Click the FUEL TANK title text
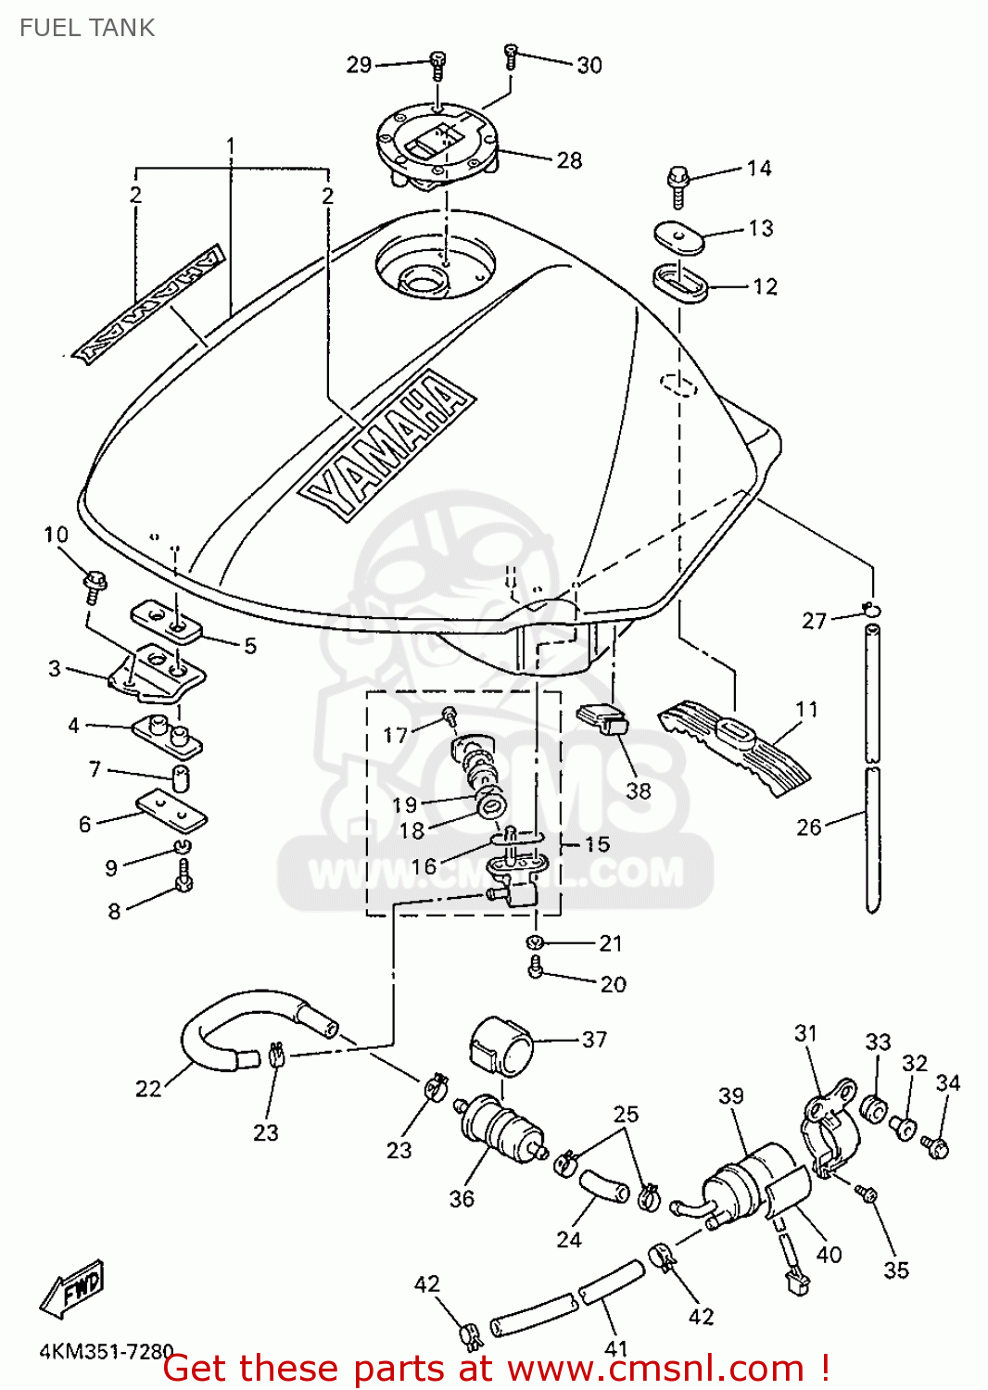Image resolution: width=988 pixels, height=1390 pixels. click(x=87, y=28)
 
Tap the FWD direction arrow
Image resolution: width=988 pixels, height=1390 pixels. click(x=71, y=1289)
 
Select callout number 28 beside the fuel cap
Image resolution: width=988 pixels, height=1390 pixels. click(x=569, y=160)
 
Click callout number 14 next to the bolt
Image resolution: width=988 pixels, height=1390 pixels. click(x=759, y=168)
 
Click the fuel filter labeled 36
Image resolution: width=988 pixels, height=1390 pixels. click(x=500, y=1127)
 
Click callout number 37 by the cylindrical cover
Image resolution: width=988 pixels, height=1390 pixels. click(x=594, y=1040)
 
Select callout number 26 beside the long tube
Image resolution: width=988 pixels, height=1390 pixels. click(x=809, y=827)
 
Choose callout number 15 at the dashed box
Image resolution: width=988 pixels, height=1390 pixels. click(x=597, y=844)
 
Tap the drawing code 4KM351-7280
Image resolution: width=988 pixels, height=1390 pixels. click(x=107, y=1352)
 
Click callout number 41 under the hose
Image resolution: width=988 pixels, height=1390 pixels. click(x=616, y=1348)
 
